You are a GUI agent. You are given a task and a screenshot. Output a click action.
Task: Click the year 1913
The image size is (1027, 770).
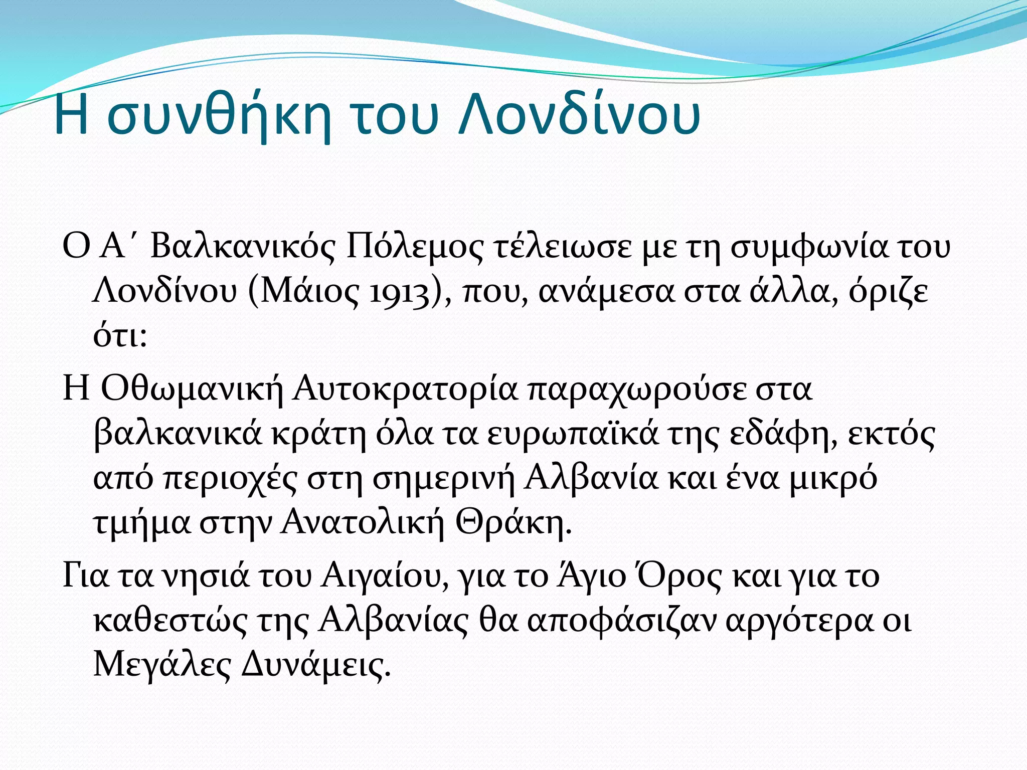(399, 292)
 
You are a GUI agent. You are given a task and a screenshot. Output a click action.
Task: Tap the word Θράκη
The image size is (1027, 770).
(513, 523)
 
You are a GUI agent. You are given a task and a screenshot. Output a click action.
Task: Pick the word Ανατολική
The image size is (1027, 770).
(363, 523)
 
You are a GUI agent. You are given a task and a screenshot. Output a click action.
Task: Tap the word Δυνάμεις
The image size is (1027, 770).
(315, 666)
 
